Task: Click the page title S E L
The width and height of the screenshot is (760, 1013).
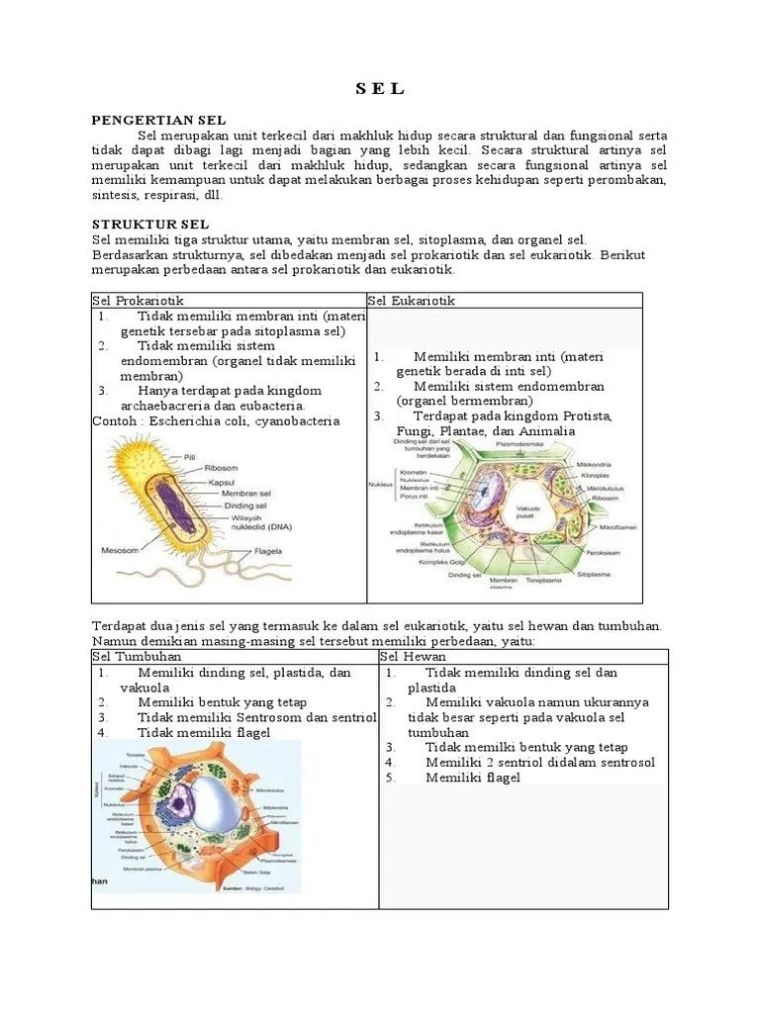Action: tap(380, 89)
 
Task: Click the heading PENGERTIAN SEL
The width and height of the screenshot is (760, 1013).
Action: tap(158, 120)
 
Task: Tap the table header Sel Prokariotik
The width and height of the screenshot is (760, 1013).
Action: tap(138, 301)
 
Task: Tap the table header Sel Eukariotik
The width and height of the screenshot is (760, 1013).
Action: tap(412, 301)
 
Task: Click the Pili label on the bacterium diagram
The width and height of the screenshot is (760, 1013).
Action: tap(189, 456)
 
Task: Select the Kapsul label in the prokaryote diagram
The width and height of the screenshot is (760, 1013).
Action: tap(220, 482)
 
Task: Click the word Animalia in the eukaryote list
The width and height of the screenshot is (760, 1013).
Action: tap(544, 430)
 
